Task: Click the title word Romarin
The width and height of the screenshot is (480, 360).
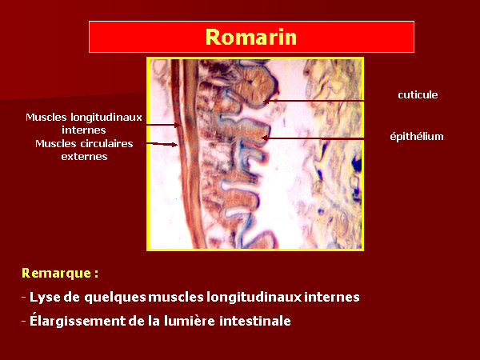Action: [251, 37]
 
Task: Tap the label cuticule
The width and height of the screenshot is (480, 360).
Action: [418, 95]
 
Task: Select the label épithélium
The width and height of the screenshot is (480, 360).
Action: [417, 136]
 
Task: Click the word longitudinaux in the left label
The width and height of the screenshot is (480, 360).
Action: [106, 118]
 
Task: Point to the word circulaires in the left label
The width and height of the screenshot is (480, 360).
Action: [106, 143]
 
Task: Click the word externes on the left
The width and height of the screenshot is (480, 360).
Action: [84, 157]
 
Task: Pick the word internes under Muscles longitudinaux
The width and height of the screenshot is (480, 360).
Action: [84, 130]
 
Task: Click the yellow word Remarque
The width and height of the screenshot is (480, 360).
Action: [56, 274]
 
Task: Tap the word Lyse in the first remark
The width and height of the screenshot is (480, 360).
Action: [45, 297]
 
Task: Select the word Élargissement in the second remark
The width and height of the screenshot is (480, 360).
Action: [78, 321]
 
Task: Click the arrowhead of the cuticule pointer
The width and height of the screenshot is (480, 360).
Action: [266, 101]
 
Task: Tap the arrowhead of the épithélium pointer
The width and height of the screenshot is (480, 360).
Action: [264, 138]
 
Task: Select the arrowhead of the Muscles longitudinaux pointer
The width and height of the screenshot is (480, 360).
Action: [178, 125]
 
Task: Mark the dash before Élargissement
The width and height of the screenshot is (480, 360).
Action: [24, 322]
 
